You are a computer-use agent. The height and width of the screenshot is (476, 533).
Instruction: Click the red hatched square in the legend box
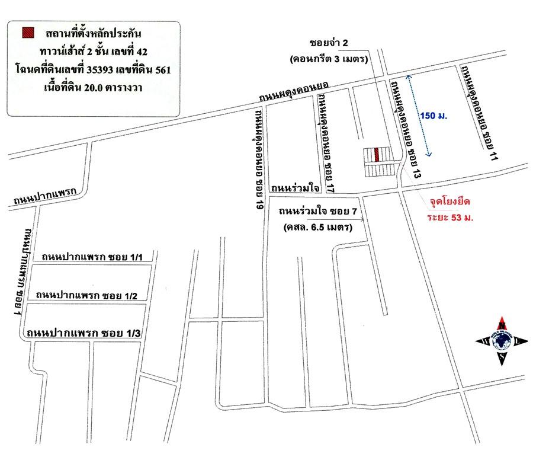(x=27, y=33)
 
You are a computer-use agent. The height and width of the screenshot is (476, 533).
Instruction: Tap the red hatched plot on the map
(x=377, y=155)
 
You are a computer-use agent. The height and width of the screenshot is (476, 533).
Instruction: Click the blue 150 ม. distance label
(x=434, y=116)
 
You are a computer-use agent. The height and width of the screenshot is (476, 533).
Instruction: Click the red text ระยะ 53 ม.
(x=452, y=218)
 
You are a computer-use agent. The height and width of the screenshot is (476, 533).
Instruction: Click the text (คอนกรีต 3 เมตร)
(x=330, y=59)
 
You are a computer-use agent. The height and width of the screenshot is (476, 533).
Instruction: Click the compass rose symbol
(x=502, y=341)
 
